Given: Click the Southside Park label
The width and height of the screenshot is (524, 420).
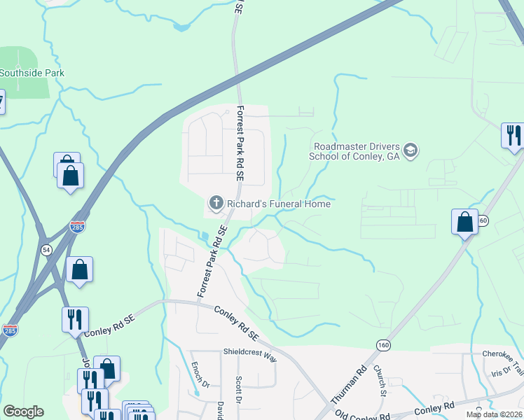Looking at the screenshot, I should coord(32,73).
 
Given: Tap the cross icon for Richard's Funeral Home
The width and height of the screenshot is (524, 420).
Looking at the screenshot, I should coord(216,204).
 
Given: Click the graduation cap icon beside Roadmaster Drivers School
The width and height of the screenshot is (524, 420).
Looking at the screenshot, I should coord(411,150).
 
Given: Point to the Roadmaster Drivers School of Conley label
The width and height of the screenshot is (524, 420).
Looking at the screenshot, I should coord(355,151).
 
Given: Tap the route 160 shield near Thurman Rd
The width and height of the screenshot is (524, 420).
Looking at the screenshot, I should coord(382,345).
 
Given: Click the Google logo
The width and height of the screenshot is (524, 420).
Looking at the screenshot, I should coord(23,412).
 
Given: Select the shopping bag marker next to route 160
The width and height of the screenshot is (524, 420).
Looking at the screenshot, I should coord(464,222).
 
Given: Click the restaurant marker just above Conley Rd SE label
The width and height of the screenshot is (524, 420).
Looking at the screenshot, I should coord(75,319).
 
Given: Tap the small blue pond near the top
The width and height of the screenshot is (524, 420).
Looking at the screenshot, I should coord(182,27).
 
